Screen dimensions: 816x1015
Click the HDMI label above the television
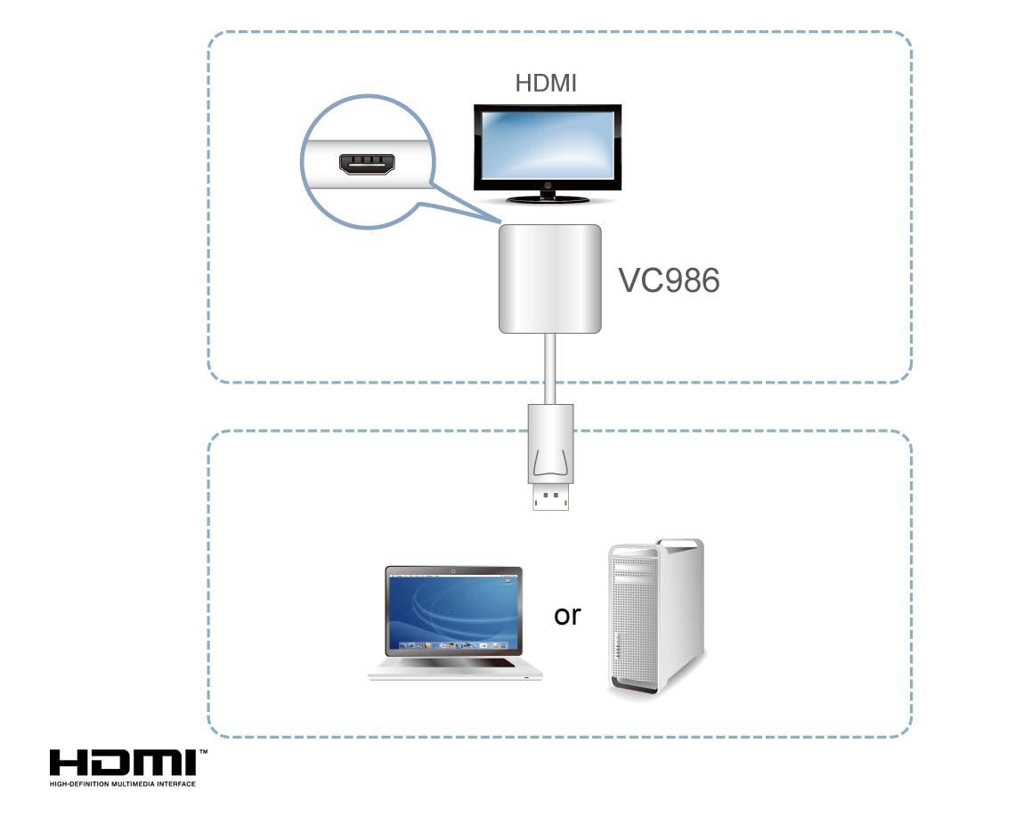[x=546, y=84]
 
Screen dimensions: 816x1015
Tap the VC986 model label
[x=669, y=280]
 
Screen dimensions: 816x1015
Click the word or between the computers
[x=567, y=614]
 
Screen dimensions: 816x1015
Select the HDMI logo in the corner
[x=123, y=763]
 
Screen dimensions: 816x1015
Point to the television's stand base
[x=547, y=197]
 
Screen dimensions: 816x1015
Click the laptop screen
[x=453, y=612]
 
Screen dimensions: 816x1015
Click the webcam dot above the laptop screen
[x=453, y=570]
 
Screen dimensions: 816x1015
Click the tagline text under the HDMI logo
[x=123, y=784]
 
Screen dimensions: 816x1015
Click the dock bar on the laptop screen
[x=453, y=644]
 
